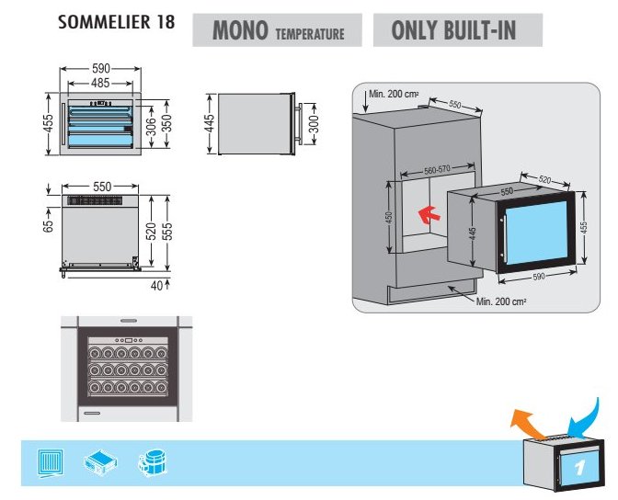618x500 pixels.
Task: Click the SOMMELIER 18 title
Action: click(116, 22)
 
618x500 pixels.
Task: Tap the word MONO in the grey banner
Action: click(240, 30)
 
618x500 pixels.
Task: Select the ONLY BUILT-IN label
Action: click(453, 30)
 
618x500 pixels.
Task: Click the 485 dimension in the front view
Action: click(100, 83)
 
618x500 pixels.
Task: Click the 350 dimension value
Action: click(166, 123)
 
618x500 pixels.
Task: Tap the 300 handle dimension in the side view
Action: click(314, 124)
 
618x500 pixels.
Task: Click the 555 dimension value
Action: click(166, 232)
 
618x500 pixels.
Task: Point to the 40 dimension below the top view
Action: click(156, 286)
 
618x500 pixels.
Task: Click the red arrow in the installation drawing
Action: click(429, 215)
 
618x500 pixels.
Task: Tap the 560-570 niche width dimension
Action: click(437, 170)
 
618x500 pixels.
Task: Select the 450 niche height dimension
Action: click(389, 218)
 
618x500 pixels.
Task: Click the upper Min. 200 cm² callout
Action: click(394, 94)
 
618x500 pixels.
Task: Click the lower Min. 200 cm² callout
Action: click(501, 301)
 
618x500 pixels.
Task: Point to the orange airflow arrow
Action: click(526, 424)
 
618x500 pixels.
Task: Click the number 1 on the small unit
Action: click(579, 468)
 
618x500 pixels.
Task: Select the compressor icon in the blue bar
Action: click(153, 463)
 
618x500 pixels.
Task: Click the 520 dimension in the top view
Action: click(151, 231)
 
